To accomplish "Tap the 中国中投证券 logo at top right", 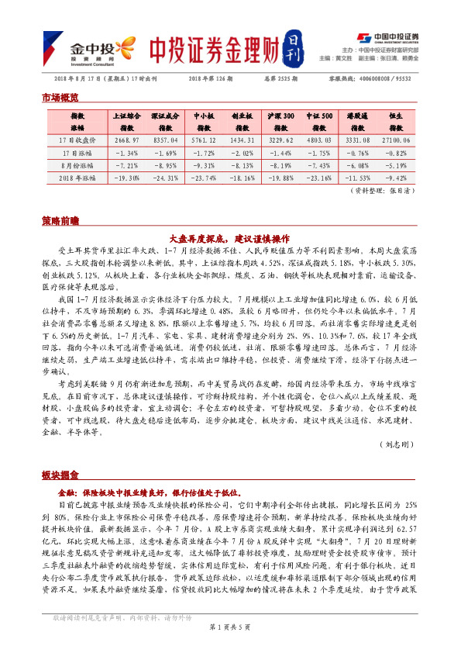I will [387, 36].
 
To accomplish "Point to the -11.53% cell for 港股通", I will [357, 178].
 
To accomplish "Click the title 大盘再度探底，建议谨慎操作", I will [230, 239].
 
